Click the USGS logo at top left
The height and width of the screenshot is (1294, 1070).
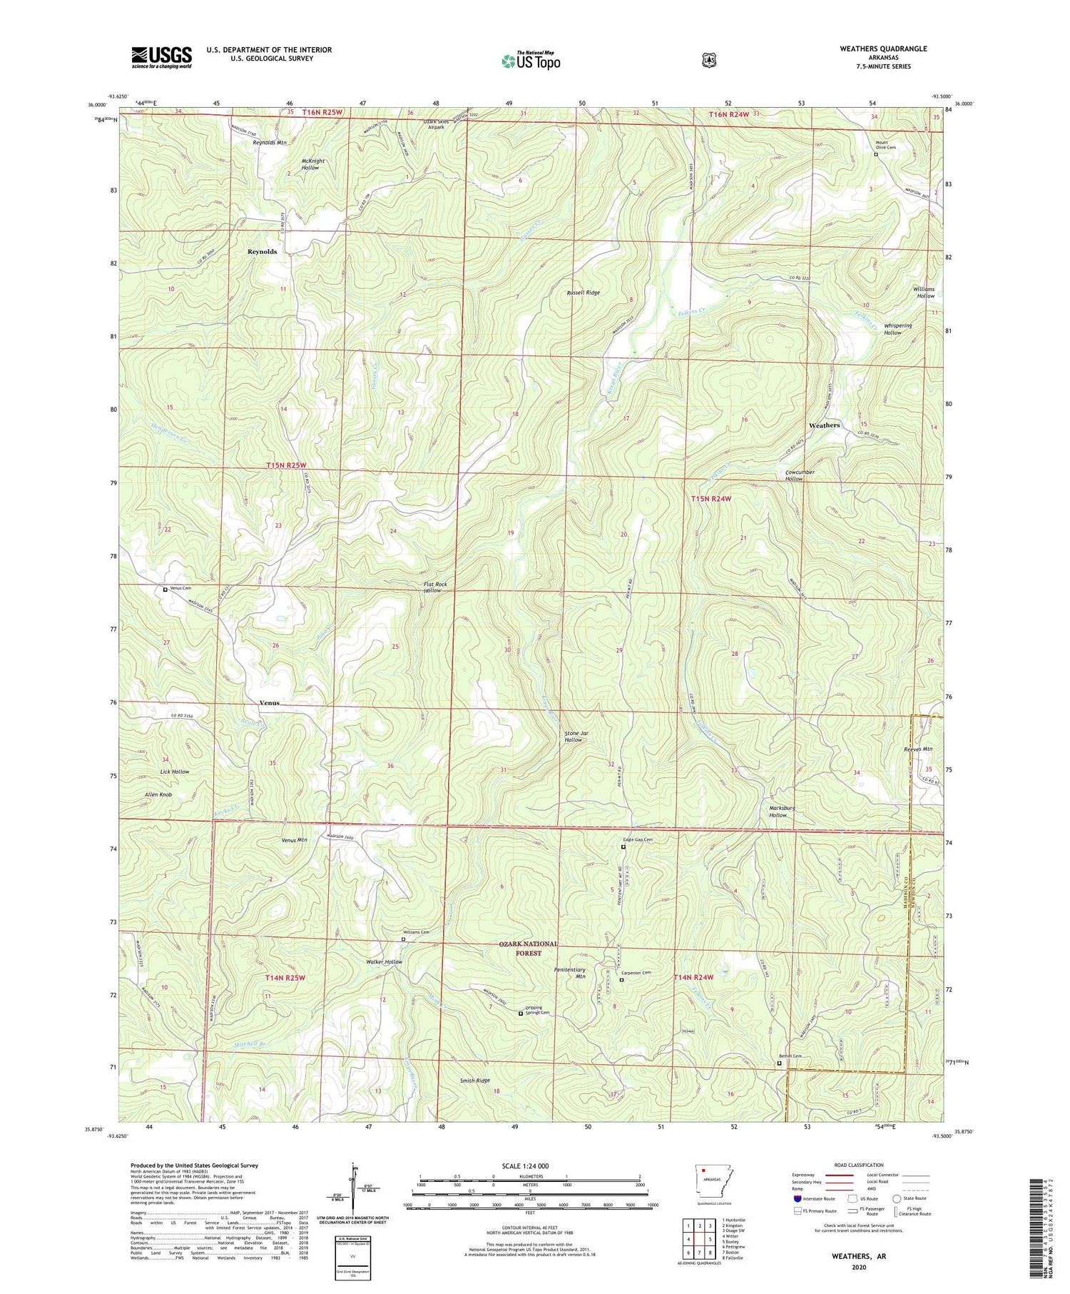pyautogui.click(x=161, y=57)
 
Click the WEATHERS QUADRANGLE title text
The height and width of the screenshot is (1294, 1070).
pyautogui.click(x=883, y=49)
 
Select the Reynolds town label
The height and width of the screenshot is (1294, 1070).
pyautogui.click(x=262, y=252)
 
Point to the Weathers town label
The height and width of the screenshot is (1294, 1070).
pyautogui.click(x=824, y=425)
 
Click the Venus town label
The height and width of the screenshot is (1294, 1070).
pyautogui.click(x=269, y=703)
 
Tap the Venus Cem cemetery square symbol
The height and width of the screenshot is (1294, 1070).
pyautogui.click(x=165, y=590)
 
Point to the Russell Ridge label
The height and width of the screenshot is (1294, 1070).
pyautogui.click(x=583, y=293)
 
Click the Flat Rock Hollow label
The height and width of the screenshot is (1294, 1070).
pyautogui.click(x=435, y=587)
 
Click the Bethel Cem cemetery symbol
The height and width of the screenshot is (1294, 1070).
pyautogui.click(x=778, y=1063)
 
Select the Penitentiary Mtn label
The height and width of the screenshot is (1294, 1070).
pyautogui.click(x=569, y=974)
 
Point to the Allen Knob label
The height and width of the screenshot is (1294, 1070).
pyautogui.click(x=156, y=794)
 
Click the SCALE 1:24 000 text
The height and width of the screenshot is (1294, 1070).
pyautogui.click(x=525, y=1166)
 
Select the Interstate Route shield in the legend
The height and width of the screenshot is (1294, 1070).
pyautogui.click(x=797, y=1198)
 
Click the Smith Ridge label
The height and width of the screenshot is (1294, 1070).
pyautogui.click(x=475, y=1081)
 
